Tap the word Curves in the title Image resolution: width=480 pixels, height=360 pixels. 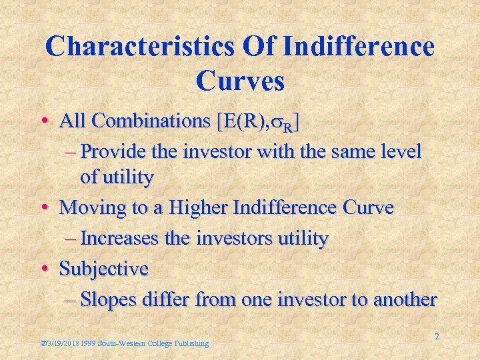tap(240, 81)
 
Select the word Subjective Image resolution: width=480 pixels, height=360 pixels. tap(103, 269)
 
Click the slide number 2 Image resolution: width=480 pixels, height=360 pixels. tap(437, 337)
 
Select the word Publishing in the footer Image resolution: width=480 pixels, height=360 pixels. tap(190, 343)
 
